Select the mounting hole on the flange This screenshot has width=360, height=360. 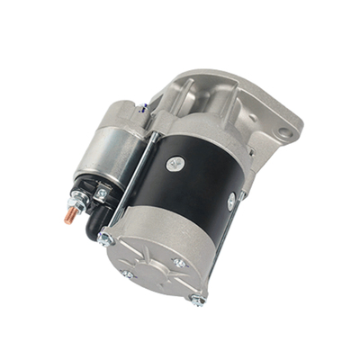click(x=284, y=134)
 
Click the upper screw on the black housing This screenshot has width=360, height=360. click(x=175, y=163)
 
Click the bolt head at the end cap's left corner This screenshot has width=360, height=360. click(x=105, y=238)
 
